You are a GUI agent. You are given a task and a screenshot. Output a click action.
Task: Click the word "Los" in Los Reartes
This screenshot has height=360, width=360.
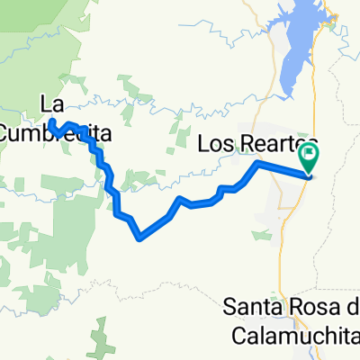(x=216, y=143)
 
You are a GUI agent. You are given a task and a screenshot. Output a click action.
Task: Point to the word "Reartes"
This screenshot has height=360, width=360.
(x=274, y=143)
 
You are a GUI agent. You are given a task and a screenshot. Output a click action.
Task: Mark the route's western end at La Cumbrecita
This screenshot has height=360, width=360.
(x=52, y=121)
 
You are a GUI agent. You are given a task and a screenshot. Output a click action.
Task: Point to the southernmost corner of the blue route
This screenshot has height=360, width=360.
(x=139, y=238)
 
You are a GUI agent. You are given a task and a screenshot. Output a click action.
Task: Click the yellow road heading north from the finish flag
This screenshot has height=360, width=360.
(x=314, y=108)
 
